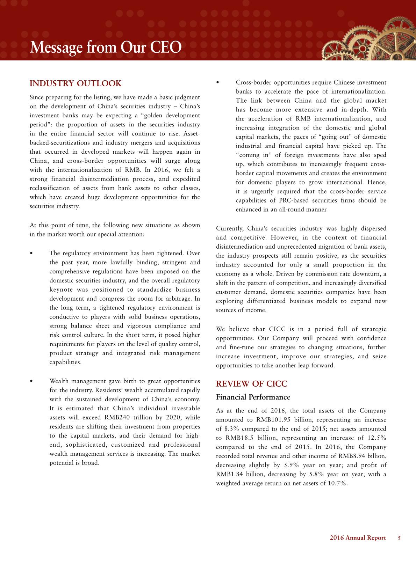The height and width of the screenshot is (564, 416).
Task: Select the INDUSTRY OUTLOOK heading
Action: pos(76,83)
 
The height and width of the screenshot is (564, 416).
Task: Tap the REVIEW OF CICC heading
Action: pos(252,384)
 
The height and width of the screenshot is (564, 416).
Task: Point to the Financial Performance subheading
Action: pos(253,397)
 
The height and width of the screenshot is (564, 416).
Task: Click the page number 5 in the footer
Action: pos(399,538)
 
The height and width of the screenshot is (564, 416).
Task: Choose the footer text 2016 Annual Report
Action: pos(358,538)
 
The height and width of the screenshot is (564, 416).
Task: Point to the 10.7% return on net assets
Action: pos(338,483)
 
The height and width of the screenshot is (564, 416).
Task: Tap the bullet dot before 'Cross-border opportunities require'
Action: pos(218,83)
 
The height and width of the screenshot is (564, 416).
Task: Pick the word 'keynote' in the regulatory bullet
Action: pos(61,290)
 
